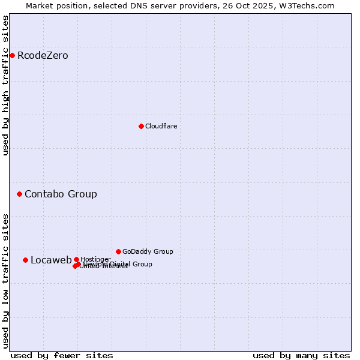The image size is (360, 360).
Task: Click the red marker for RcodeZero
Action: tap(12, 56)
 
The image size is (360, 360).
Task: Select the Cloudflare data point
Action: tap(141, 126)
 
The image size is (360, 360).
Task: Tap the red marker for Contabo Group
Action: tap(19, 194)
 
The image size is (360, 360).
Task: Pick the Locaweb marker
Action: tap(25, 260)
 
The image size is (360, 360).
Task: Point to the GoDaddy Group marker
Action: tap(118, 251)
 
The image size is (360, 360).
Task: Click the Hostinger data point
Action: tap(76, 259)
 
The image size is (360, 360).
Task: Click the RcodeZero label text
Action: tap(43, 56)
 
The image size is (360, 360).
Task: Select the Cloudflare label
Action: tap(161, 126)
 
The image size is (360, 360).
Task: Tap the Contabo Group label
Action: tap(61, 194)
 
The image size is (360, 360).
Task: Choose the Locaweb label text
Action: tap(51, 260)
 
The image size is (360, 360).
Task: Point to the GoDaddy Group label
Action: tap(148, 251)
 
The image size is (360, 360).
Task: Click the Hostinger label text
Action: tap(95, 259)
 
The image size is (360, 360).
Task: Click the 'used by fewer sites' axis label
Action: tap(62, 355)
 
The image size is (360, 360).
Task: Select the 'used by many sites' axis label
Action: tap(301, 355)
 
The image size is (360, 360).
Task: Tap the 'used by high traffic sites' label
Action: tap(6, 85)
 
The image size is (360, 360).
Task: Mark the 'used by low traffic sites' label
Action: tap(6, 281)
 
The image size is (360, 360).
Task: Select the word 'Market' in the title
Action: tap(40, 5)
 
